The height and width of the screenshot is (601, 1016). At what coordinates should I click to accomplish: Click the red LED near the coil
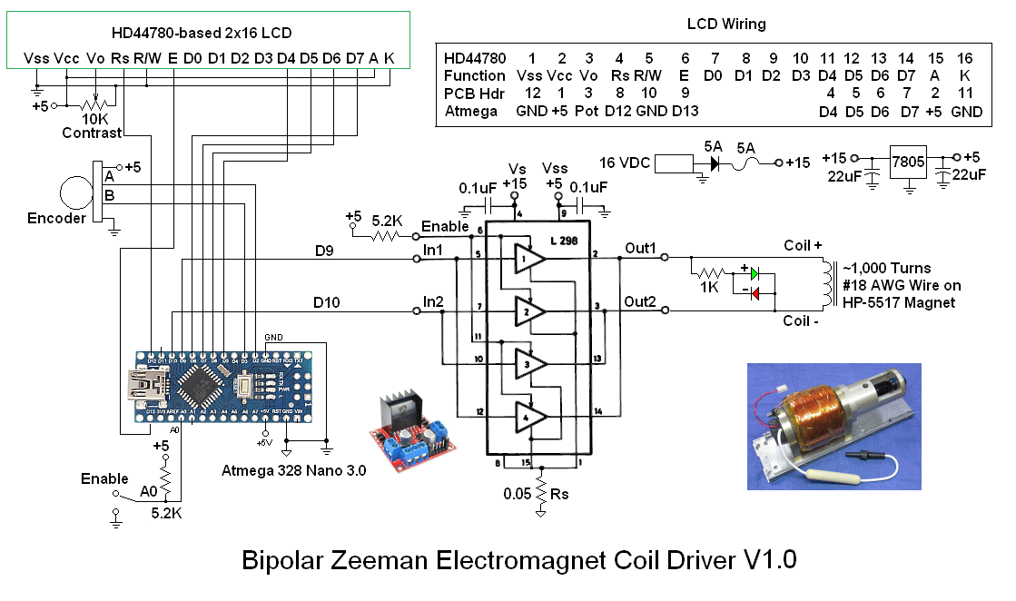(x=753, y=292)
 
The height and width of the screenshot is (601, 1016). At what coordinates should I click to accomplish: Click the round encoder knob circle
(x=76, y=193)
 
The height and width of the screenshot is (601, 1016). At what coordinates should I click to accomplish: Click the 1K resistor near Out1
(x=709, y=272)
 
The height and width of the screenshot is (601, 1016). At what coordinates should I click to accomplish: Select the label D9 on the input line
(x=326, y=251)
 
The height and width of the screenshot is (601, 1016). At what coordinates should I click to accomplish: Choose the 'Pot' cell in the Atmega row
(x=589, y=112)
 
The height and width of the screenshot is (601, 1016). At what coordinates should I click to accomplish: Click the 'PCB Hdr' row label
(x=474, y=94)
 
